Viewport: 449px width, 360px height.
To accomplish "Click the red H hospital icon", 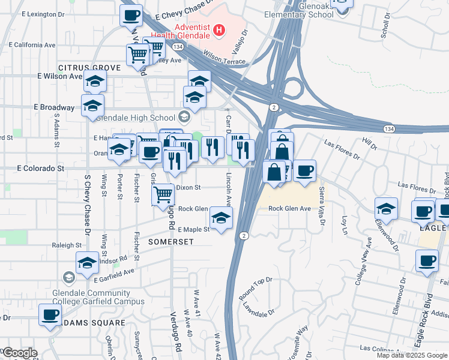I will (x=220, y=29).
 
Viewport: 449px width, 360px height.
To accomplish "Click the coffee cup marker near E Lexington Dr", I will (x=131, y=16).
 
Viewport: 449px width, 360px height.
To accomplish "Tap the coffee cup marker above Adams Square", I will (x=50, y=314).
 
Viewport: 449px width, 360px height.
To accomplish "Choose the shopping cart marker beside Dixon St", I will (x=163, y=195).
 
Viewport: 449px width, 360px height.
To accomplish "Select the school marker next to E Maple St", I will (x=221, y=218).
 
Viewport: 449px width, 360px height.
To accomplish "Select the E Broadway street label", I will (x=53, y=107).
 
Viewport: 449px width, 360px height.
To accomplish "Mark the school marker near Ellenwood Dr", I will (x=386, y=208).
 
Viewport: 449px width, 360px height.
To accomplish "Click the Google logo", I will (x=19, y=353).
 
